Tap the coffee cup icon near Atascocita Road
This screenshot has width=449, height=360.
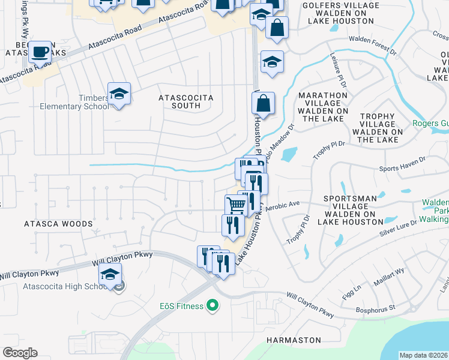(40, 52)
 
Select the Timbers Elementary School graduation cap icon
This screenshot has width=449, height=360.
(119, 94)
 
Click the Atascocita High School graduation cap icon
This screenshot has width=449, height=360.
(110, 274)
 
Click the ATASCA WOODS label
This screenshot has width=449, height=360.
(58, 224)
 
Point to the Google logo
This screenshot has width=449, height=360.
(20, 353)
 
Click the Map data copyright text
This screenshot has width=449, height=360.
(423, 355)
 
